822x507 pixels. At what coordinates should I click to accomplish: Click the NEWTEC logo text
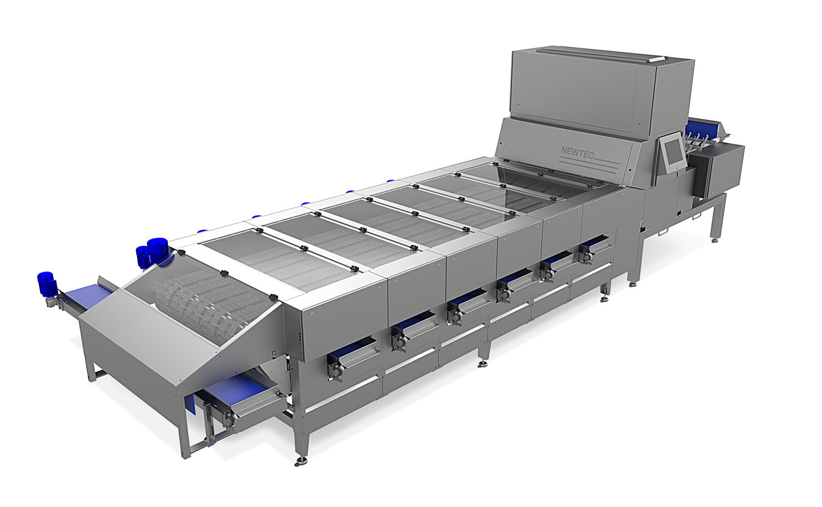click(x=578, y=151)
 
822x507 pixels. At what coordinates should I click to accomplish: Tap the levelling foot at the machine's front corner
click(x=300, y=462)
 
